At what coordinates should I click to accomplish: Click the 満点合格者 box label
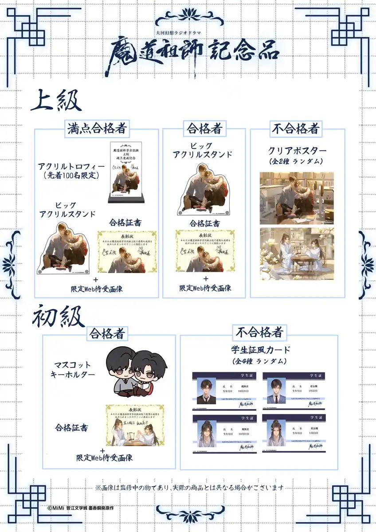[98, 129]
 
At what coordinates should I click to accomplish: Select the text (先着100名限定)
[71, 176]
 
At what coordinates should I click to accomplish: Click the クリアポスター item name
[297, 151]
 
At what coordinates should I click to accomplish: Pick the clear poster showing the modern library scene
[297, 197]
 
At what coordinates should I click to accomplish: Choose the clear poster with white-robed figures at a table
[297, 254]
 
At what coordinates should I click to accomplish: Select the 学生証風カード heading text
[259, 352]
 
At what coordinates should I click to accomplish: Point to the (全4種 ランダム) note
[259, 361]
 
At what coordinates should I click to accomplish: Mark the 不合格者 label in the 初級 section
[260, 332]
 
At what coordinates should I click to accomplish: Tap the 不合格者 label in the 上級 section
[296, 129]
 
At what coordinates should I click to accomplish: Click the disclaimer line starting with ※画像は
[189, 488]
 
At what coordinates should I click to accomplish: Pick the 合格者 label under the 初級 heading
[107, 333]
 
